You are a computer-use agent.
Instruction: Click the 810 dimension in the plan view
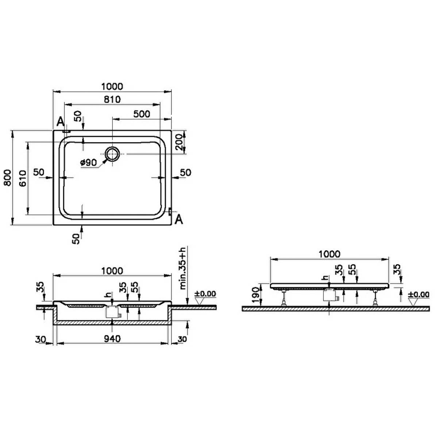point(112,99)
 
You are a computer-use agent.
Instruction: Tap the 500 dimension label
point(142,114)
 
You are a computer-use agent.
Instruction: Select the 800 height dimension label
point(8,178)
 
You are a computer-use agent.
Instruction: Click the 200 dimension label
point(179,142)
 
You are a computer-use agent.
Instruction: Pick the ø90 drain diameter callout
point(89,162)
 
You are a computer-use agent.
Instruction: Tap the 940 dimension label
point(112,339)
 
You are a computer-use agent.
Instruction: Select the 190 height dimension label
point(255,295)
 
